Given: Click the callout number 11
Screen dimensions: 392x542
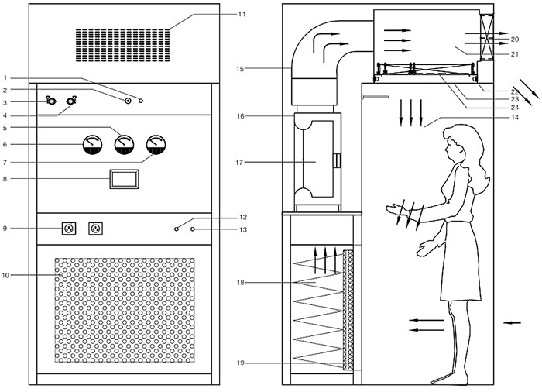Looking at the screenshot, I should pos(242,14).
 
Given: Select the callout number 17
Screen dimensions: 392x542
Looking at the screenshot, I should pos(242,162).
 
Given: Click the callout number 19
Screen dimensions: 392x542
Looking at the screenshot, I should pos(242,363).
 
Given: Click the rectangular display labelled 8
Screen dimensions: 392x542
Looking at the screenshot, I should pos(124,180).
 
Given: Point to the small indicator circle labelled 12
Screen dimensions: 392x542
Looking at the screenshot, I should pos(177,229).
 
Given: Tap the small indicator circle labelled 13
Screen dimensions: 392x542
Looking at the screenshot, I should pos(193,229).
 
